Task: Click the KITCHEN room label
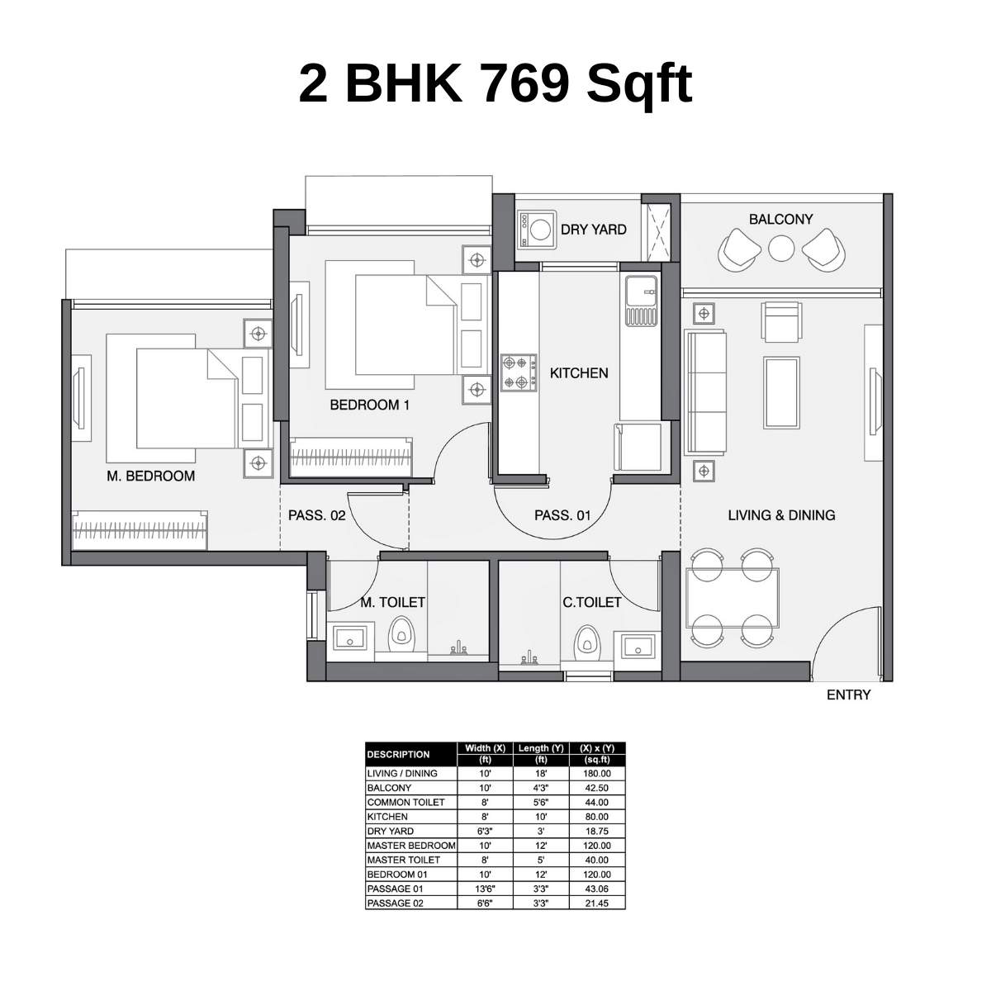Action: tap(579, 372)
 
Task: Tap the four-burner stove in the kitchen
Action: tap(519, 372)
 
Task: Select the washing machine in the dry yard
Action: tap(537, 230)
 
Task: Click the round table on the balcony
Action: tap(781, 248)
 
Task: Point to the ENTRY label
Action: tap(849, 695)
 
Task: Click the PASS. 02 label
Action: tap(317, 514)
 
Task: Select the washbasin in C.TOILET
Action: tap(638, 646)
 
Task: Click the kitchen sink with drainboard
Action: tap(642, 301)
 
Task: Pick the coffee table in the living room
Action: tap(782, 393)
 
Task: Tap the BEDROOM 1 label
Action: tap(370, 405)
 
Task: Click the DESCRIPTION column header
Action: tap(399, 755)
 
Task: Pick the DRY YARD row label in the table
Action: tap(391, 831)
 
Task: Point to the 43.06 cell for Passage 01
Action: tap(597, 889)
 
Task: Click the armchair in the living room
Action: tap(781, 321)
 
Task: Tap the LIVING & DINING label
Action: tap(782, 514)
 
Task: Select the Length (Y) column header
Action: tap(541, 754)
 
